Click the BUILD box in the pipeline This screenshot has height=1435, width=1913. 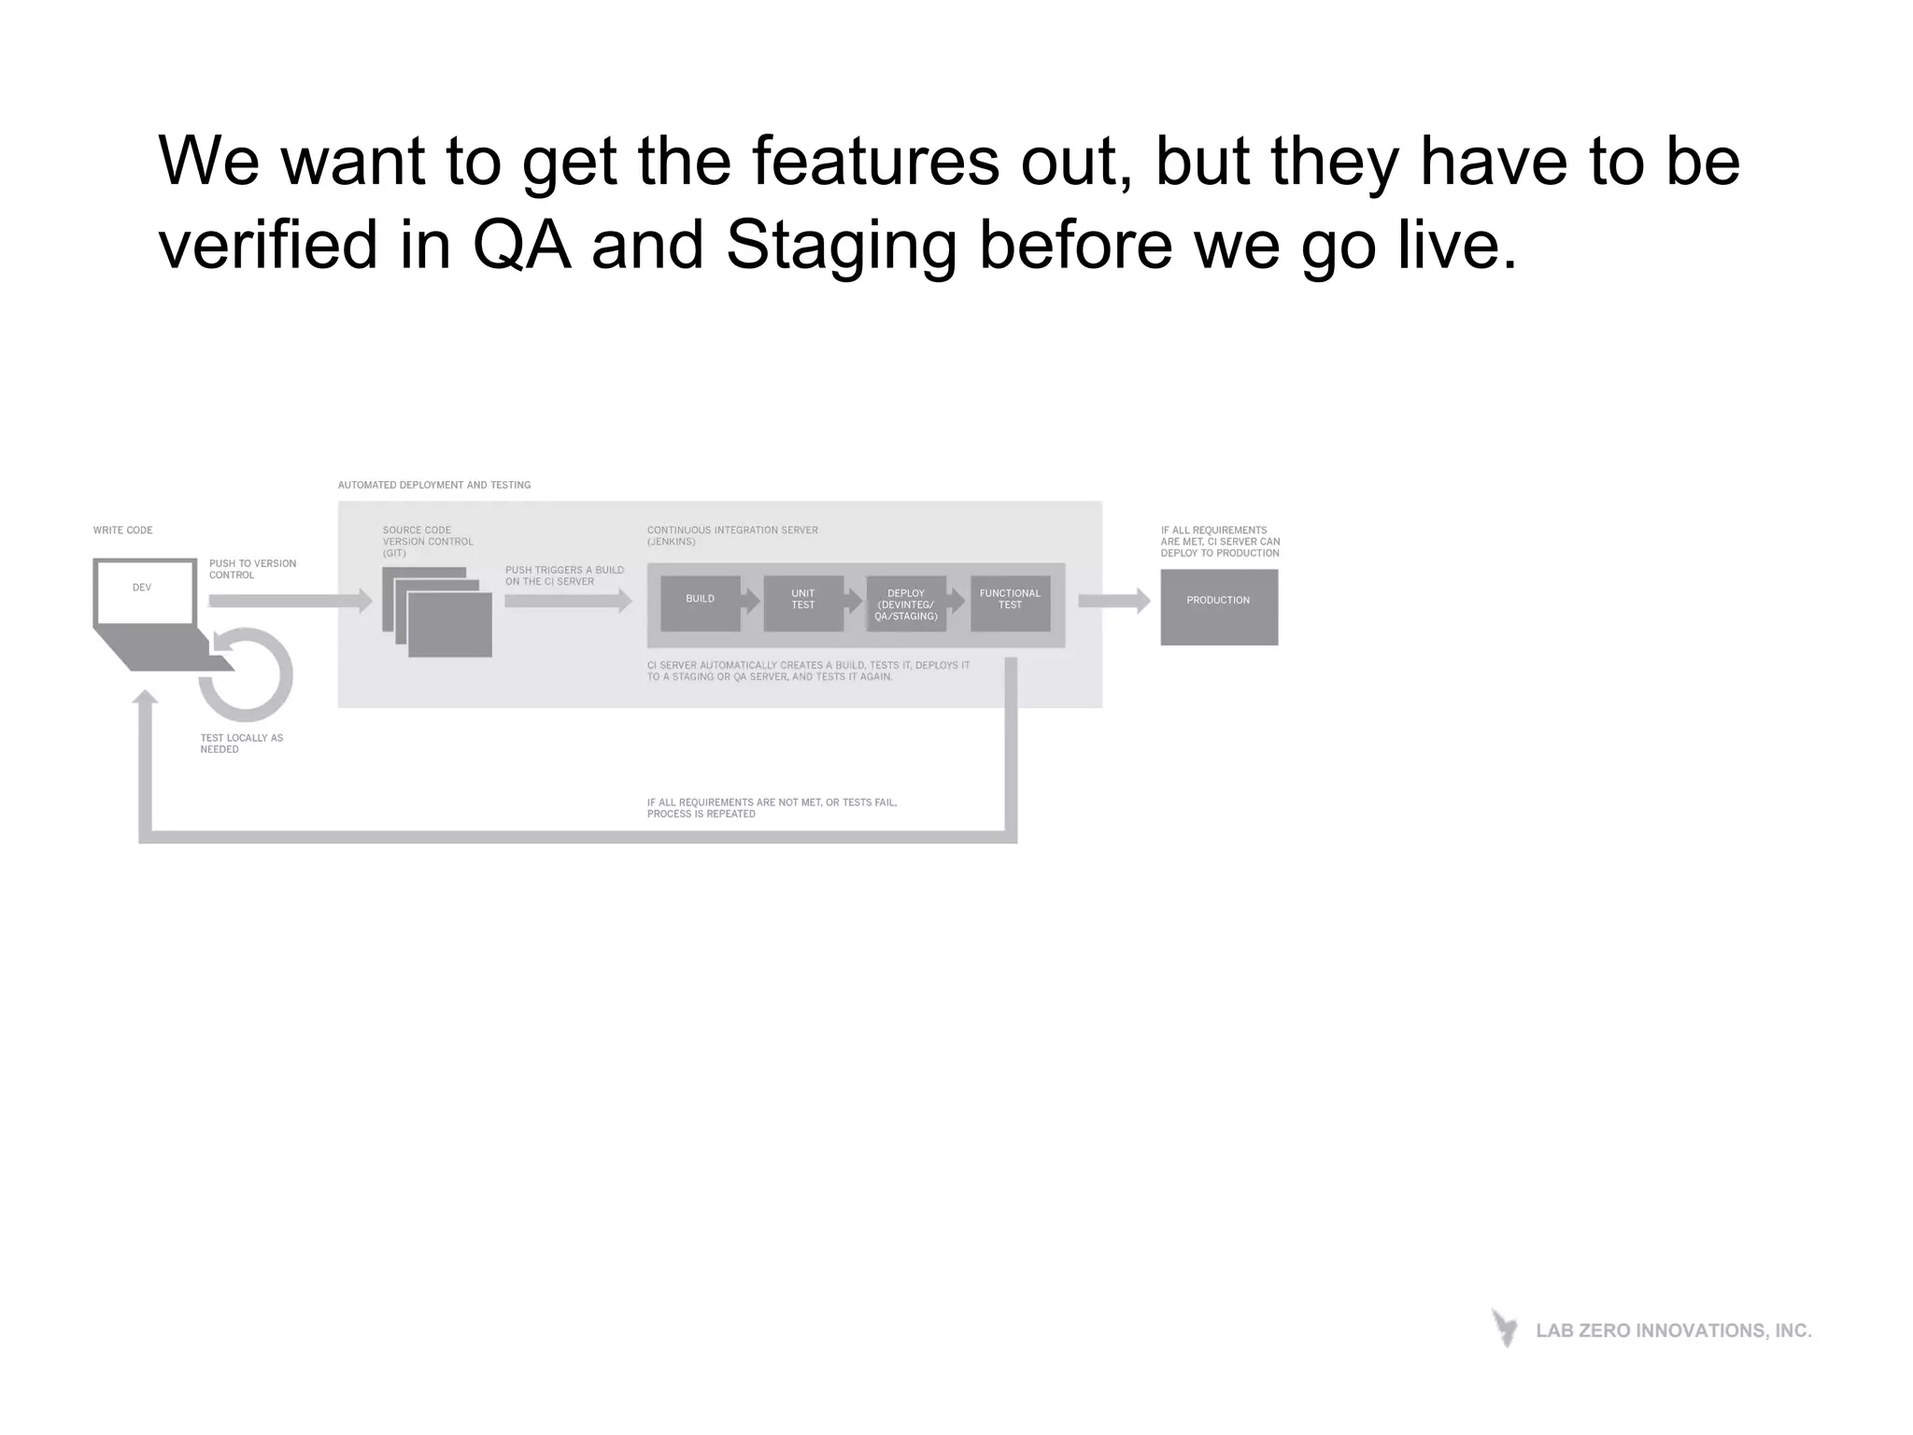(x=700, y=604)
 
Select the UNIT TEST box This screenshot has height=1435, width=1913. (x=803, y=604)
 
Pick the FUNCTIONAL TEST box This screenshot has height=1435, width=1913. (x=1010, y=604)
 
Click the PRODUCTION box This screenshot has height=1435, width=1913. (x=1219, y=606)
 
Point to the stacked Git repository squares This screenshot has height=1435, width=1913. (x=437, y=612)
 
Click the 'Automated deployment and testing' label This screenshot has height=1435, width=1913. (x=434, y=485)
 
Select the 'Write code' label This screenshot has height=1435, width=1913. (x=122, y=530)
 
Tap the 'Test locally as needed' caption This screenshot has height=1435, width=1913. (x=241, y=744)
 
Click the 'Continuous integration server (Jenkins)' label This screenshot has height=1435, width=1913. (x=732, y=535)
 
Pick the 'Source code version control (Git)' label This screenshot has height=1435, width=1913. (x=427, y=541)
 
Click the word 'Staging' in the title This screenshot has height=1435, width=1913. (x=842, y=245)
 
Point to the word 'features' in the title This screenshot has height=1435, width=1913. (x=875, y=161)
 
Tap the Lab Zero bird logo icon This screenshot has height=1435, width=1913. (x=1505, y=1328)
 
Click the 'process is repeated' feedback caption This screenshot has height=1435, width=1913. (x=772, y=808)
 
